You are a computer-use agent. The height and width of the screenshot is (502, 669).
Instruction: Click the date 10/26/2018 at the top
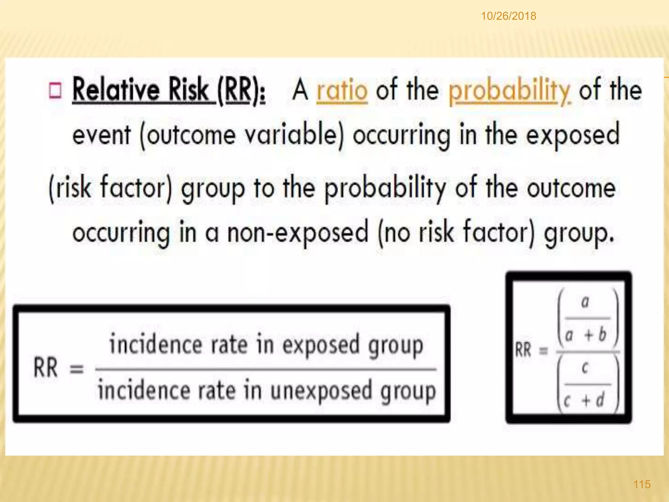(x=508, y=16)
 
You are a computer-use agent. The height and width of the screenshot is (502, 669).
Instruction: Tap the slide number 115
(x=642, y=484)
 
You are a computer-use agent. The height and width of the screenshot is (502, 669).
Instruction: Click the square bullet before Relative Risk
(x=55, y=91)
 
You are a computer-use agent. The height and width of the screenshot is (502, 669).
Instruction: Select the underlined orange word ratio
(x=342, y=91)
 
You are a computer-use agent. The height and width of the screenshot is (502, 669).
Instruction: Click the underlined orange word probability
(x=509, y=91)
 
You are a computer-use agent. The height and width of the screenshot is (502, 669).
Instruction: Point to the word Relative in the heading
(x=116, y=90)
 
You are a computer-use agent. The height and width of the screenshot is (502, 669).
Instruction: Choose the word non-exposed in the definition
(x=298, y=233)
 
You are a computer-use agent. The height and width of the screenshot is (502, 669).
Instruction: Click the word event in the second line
(x=102, y=135)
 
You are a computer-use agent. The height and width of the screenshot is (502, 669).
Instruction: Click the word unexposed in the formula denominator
(x=321, y=391)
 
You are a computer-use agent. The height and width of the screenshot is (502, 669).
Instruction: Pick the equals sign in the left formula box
(x=77, y=369)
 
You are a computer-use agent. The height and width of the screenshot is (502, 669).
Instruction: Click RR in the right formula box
(x=523, y=350)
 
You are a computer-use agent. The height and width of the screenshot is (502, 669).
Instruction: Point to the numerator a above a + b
(x=585, y=302)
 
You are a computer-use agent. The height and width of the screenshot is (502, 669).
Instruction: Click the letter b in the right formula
(x=602, y=334)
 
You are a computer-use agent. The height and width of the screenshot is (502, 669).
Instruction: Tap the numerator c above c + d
(x=585, y=369)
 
